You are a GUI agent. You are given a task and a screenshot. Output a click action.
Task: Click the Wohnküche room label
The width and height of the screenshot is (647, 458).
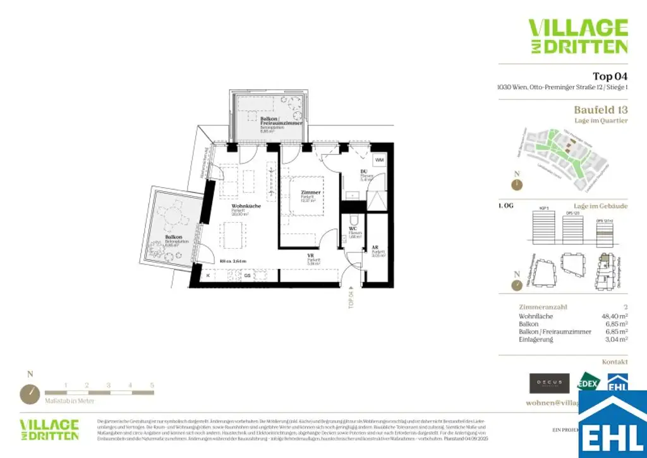click(x=243, y=206)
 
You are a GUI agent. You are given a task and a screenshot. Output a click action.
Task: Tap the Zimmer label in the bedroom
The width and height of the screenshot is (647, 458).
click(x=311, y=192)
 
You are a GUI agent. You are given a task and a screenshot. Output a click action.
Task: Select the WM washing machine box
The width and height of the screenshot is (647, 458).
click(x=379, y=160)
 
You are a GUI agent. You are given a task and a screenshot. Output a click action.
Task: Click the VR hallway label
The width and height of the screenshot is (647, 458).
click(x=311, y=256)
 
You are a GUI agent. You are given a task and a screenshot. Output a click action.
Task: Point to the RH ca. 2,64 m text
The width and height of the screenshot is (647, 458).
click(x=234, y=261)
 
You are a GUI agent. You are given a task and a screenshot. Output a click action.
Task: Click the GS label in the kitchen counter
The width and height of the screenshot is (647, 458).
click(x=248, y=275)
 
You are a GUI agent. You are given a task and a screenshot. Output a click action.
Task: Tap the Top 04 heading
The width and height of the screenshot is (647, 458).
click(x=610, y=76)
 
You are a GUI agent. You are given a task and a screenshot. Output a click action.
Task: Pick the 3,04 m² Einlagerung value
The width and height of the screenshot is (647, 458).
click(x=615, y=340)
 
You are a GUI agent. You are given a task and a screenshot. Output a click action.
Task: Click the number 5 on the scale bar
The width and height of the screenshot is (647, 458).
click(x=152, y=385)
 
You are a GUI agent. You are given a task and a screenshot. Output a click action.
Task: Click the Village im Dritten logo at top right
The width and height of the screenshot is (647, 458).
click(x=577, y=36)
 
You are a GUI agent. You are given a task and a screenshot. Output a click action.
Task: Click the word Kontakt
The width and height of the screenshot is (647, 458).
click(x=615, y=362)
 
